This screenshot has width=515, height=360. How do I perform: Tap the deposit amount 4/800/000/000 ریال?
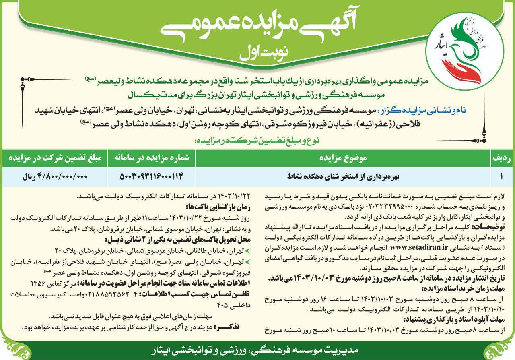(x=54, y=176)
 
